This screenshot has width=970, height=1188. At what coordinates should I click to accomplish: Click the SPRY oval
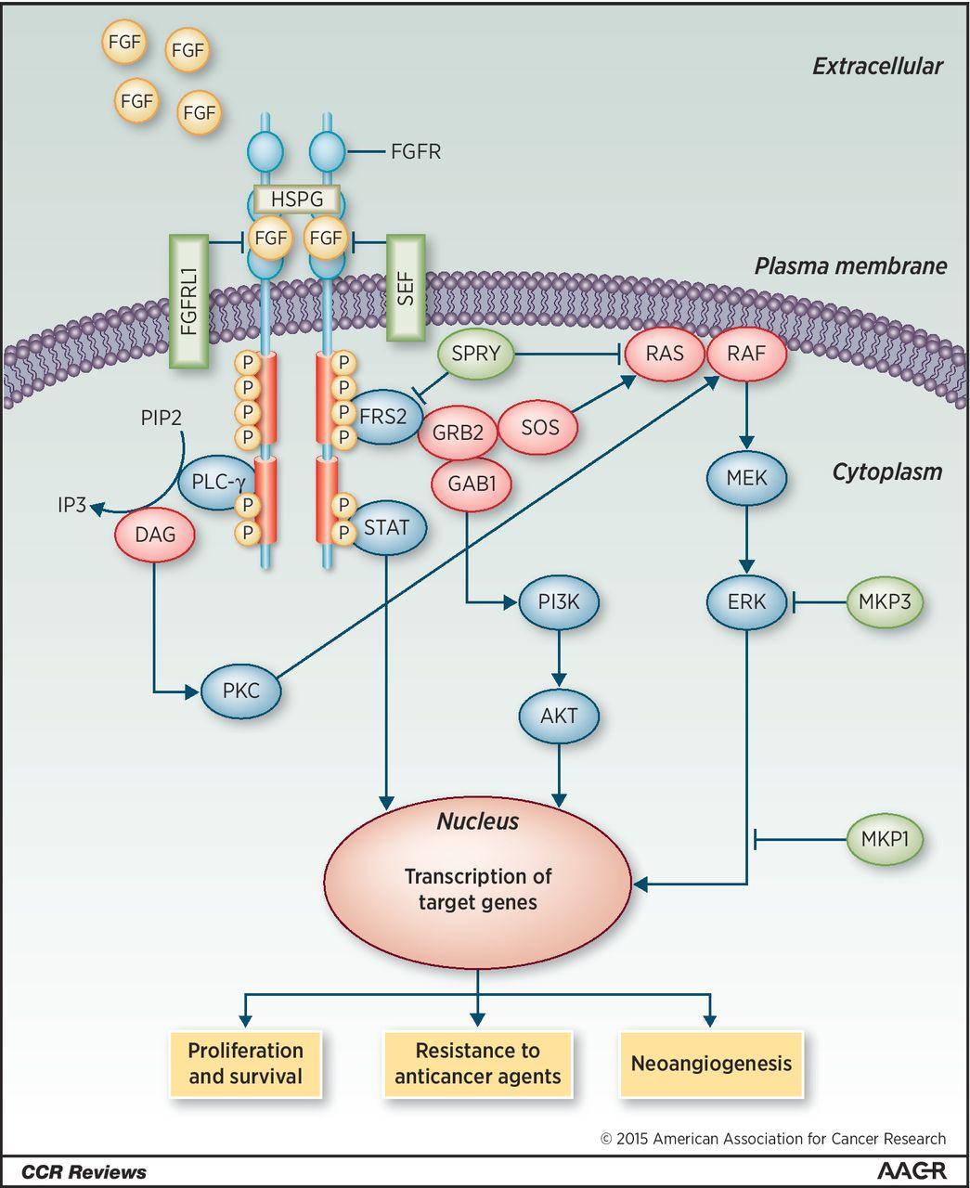coord(475,354)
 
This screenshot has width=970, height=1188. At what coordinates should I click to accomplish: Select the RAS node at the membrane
coord(665,354)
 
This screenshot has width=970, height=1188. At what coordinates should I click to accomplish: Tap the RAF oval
coord(747,354)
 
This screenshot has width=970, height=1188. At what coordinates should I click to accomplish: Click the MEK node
coord(747,478)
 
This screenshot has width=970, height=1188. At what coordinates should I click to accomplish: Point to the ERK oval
coord(747,601)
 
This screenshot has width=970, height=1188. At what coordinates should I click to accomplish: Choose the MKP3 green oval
coord(885,601)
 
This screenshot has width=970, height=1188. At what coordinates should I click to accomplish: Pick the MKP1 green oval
coord(885,840)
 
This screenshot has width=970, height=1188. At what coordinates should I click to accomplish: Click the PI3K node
coord(559,601)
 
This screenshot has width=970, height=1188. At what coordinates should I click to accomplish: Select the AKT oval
coord(559,716)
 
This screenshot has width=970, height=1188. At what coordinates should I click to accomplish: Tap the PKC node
coord(240,691)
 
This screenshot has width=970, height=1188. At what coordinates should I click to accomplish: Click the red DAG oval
coord(155,534)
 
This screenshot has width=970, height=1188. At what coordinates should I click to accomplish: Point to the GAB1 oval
coord(472,484)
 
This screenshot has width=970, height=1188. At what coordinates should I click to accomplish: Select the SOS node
coord(539,427)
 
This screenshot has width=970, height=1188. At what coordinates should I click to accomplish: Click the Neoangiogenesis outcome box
coord(710,1064)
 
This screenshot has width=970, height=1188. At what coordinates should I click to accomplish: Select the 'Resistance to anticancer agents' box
coord(477,1064)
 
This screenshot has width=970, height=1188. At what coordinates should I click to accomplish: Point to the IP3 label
coord(71,506)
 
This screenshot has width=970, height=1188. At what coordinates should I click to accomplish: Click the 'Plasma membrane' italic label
coord(849,267)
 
